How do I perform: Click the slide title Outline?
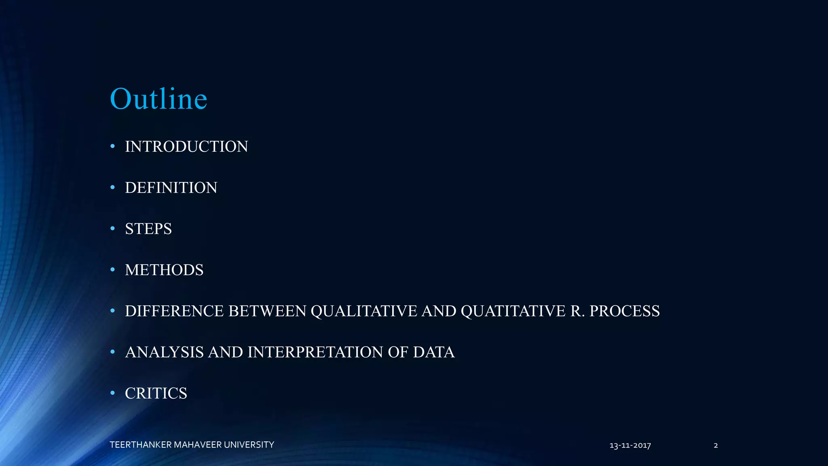[x=158, y=99]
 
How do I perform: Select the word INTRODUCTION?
[x=186, y=146]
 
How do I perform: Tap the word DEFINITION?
[x=171, y=188]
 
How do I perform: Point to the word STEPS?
[x=148, y=229]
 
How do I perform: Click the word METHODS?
[x=164, y=270]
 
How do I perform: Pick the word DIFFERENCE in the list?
[x=175, y=311]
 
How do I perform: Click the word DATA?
[x=433, y=352]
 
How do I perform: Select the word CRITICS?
[x=156, y=394]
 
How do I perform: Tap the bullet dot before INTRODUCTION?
[x=113, y=146]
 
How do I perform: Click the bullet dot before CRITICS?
[x=113, y=393]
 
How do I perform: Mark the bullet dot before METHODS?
[x=113, y=269]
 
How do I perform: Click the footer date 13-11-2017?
[x=630, y=446]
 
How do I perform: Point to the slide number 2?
[x=716, y=446]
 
